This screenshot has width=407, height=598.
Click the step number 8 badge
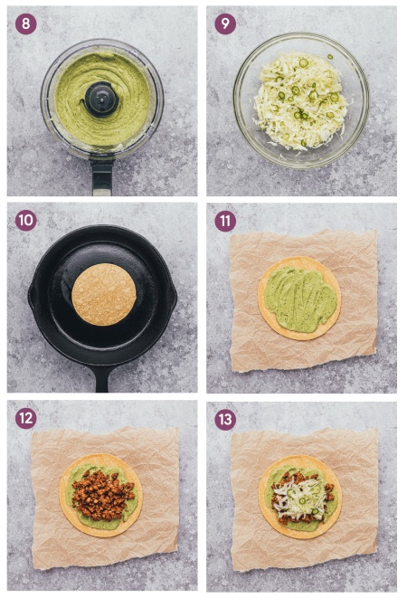tap(26, 24)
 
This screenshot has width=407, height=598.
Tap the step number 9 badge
tap(225, 24)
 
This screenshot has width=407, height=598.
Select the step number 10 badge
tap(26, 221)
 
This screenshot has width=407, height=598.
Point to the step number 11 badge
tap(225, 221)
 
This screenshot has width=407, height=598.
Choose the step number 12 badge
tap(26, 418)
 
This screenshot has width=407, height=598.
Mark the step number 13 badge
tap(225, 420)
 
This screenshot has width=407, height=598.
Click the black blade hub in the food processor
tap(101, 99)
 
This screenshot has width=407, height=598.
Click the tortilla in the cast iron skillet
tap(104, 294)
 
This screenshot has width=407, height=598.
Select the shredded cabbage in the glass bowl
tap(300, 101)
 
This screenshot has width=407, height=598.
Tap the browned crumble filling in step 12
tap(103, 495)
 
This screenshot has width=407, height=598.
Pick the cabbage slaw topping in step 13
tap(298, 496)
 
